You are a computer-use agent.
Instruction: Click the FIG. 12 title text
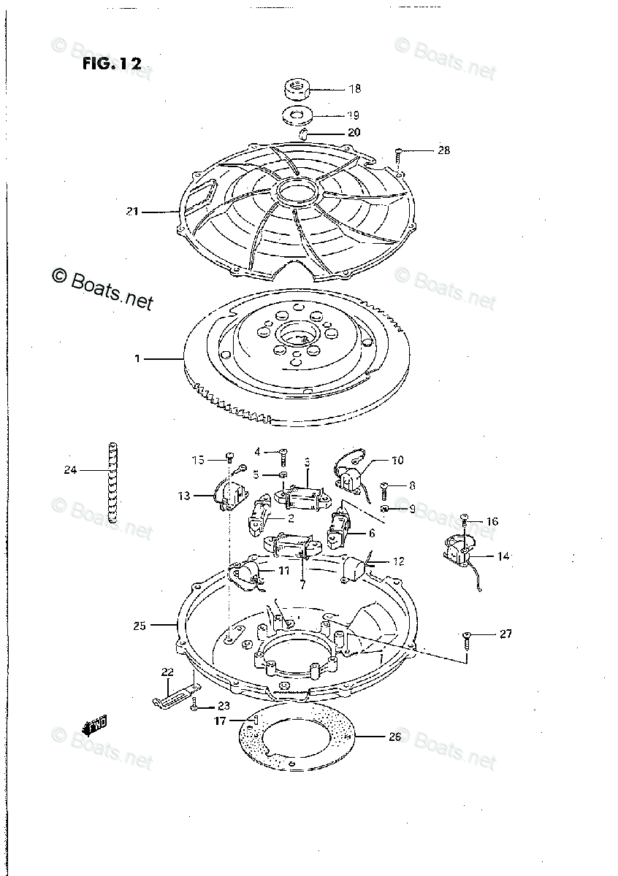pyautogui.click(x=111, y=64)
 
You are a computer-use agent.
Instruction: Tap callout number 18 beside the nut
pyautogui.click(x=354, y=90)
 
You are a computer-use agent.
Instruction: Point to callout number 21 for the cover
pyautogui.click(x=132, y=212)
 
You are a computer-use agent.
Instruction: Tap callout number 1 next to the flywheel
pyautogui.click(x=137, y=358)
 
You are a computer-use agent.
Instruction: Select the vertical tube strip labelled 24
pyautogui.click(x=113, y=482)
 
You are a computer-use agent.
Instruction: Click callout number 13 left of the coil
pyautogui.click(x=183, y=496)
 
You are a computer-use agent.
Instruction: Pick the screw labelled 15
pyautogui.click(x=229, y=460)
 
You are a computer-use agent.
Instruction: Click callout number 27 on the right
pyautogui.click(x=506, y=634)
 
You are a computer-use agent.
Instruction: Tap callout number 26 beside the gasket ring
pyautogui.click(x=394, y=737)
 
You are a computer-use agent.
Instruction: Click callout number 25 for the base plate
pyautogui.click(x=140, y=626)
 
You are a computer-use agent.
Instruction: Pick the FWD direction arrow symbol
pyautogui.click(x=96, y=726)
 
